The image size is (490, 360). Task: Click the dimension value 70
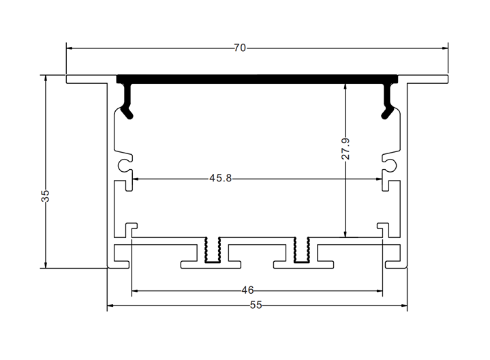tap(239, 48)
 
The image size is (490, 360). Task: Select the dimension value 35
tap(45, 197)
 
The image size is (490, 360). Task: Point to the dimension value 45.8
tap(221, 179)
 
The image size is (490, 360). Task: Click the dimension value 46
tap(247, 290)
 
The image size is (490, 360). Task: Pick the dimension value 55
tap(256, 305)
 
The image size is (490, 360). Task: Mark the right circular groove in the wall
tap(391, 164)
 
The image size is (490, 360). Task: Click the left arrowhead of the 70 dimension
tap(70, 48)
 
